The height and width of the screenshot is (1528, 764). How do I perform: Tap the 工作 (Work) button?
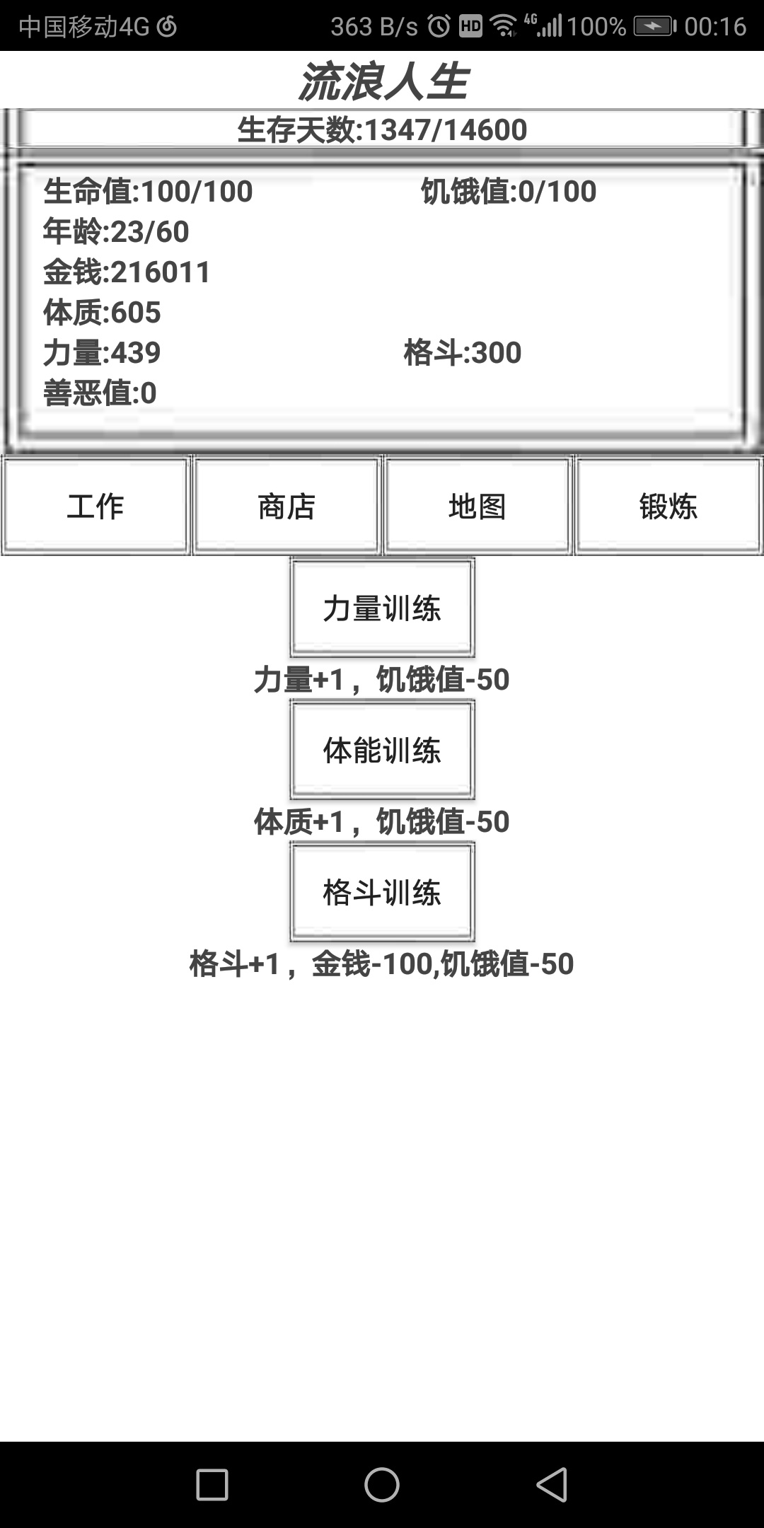click(95, 506)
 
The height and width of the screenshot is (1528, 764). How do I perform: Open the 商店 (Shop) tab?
click(286, 506)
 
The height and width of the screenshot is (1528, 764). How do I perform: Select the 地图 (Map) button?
click(477, 506)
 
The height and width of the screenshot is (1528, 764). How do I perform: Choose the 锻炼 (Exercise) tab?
click(668, 506)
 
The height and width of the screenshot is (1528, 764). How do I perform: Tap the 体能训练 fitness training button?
click(382, 750)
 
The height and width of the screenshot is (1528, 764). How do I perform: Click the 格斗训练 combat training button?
click(382, 892)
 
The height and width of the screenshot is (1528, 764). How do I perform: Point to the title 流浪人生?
click(383, 81)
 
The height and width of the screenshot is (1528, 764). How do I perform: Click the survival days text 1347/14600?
click(446, 129)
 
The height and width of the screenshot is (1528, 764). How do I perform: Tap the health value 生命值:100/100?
click(148, 191)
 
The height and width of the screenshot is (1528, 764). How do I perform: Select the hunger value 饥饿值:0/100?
click(509, 191)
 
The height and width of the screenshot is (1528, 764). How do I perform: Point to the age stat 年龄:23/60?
click(116, 231)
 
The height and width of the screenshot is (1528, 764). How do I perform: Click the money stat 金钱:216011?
click(127, 272)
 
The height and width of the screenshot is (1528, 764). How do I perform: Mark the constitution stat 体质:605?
click(102, 312)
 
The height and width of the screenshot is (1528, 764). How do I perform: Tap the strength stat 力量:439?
click(102, 352)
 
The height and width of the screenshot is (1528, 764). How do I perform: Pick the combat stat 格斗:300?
click(463, 352)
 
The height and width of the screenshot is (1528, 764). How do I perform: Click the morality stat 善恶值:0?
click(100, 393)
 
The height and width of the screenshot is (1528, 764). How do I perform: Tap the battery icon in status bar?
click(654, 26)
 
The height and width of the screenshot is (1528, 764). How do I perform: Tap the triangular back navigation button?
click(552, 1484)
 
